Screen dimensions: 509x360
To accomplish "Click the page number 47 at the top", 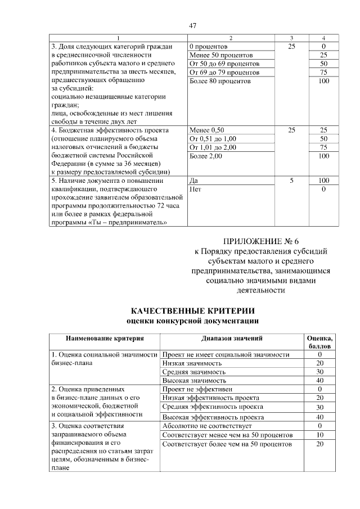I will (x=192, y=26).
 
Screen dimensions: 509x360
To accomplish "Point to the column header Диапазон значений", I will (x=232, y=339).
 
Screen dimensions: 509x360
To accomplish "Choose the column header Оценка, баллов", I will (x=319, y=343).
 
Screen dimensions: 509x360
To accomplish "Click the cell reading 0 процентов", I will (x=209, y=47).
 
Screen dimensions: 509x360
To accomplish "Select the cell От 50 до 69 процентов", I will (x=224, y=64).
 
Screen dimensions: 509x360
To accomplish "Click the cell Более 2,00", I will (x=206, y=156).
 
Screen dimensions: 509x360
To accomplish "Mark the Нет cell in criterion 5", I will (x=196, y=190).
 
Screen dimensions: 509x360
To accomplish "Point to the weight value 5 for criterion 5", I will (x=291, y=181).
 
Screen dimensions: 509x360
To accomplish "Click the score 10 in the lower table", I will (x=319, y=435).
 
